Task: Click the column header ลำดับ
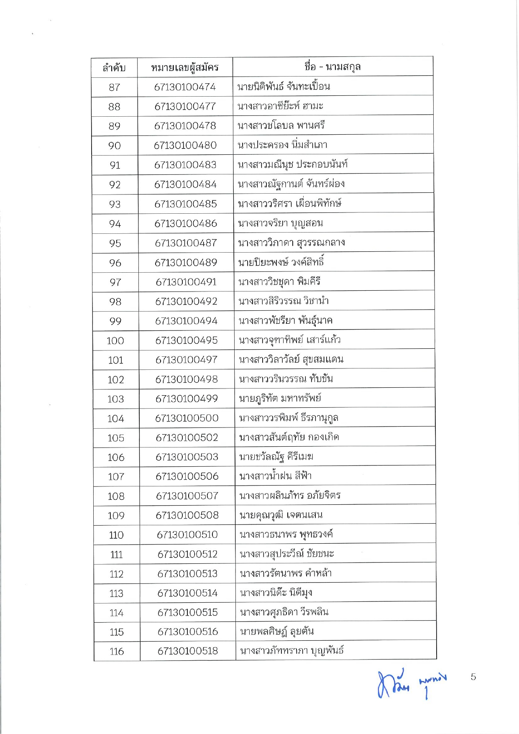(114, 67)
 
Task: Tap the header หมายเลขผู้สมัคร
(185, 67)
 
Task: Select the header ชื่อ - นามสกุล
(332, 66)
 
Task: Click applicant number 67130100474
(185, 87)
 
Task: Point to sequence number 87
(114, 87)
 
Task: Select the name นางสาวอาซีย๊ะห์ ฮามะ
(280, 106)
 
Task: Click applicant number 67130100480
(185, 145)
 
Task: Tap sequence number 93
(115, 204)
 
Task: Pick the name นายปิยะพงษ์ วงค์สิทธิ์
(281, 262)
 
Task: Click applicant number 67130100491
(186, 282)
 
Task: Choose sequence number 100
(115, 340)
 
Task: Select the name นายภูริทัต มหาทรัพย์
(280, 398)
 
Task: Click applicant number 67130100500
(187, 418)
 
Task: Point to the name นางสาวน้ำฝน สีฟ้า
(275, 476)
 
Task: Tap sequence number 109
(116, 516)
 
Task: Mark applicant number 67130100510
(187, 535)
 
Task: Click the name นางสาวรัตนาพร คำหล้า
(286, 573)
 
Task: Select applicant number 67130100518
(188, 651)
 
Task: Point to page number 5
(473, 677)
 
